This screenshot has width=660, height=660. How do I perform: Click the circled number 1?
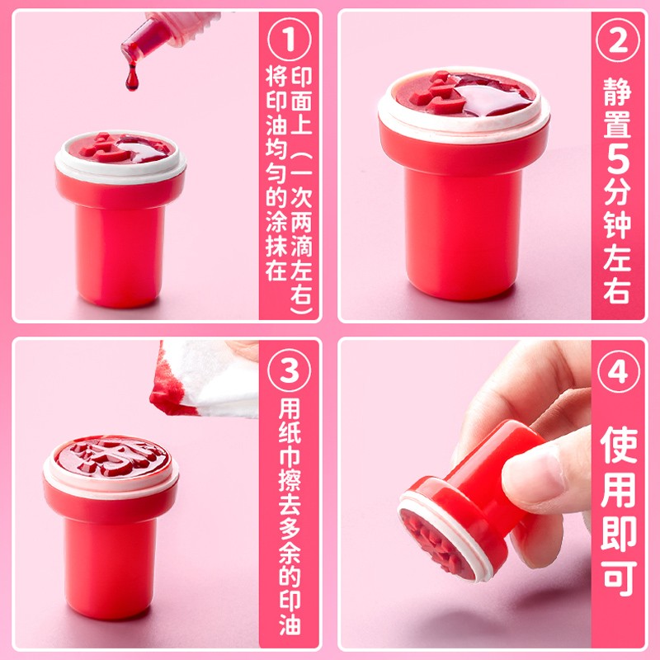point(290,40)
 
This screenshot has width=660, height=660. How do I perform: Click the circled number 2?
point(618,40)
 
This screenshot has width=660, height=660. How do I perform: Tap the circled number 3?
point(290,370)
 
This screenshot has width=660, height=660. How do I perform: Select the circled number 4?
point(618,370)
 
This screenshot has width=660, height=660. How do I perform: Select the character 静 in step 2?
point(617,91)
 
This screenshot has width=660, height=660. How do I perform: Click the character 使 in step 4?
point(618,445)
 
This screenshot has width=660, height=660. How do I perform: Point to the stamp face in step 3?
point(111,458)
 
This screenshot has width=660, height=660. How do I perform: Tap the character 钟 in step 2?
point(617,224)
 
